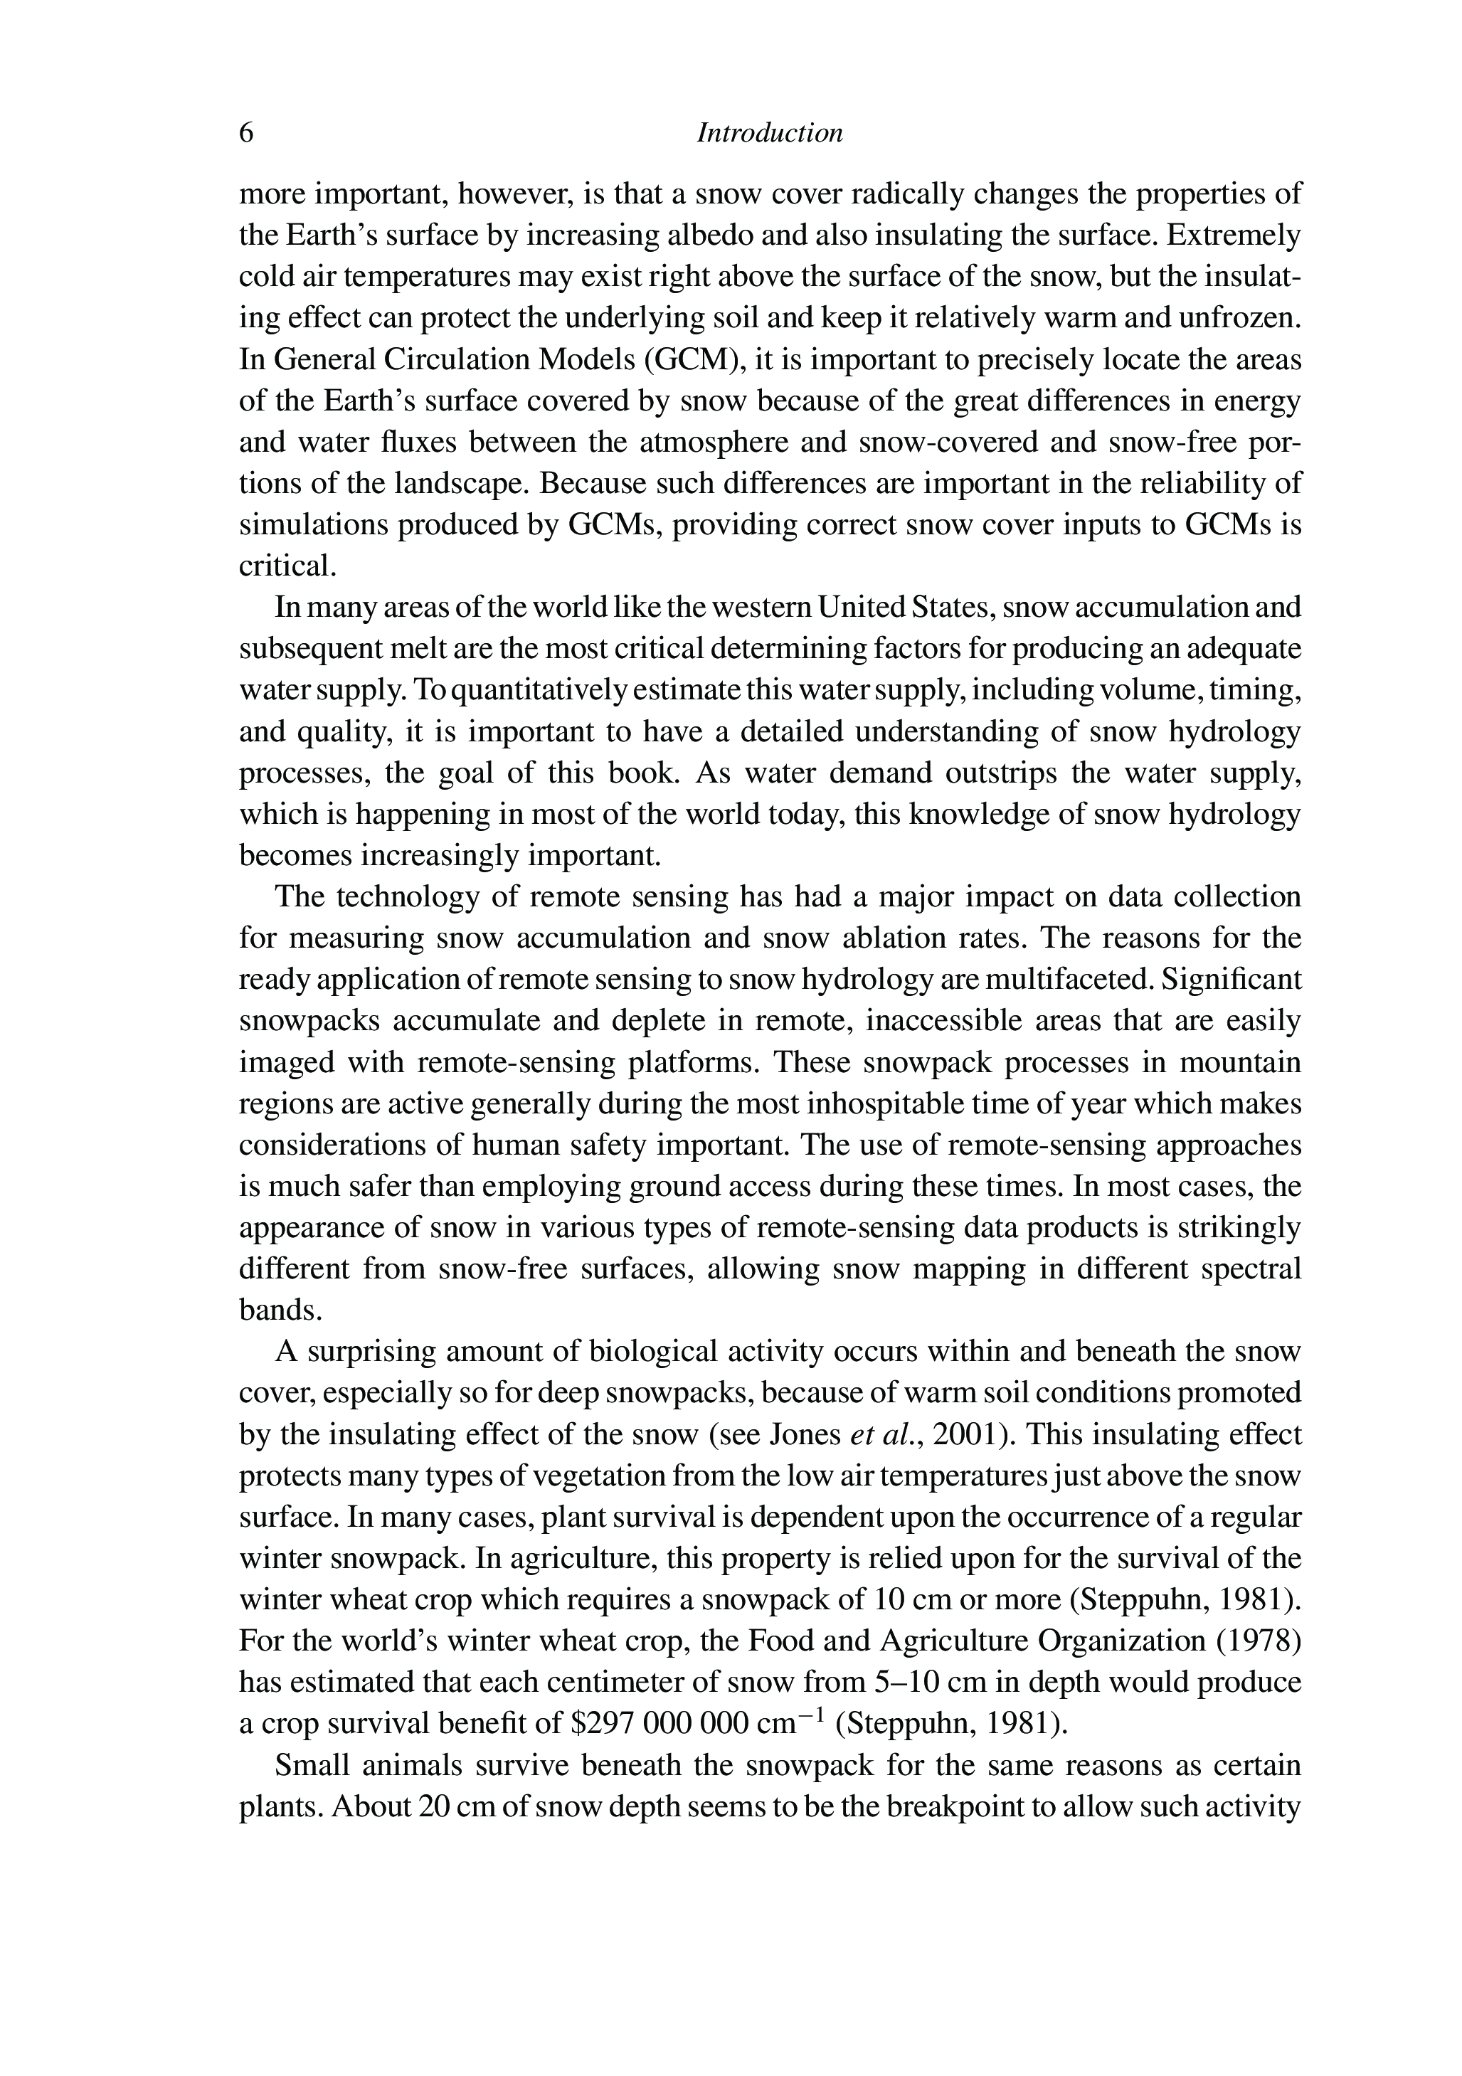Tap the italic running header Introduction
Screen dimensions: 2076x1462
770,134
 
